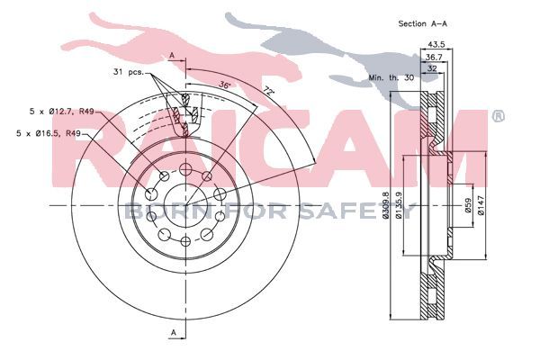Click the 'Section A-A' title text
point(423,23)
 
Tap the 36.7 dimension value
point(434,58)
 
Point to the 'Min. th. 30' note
point(391,77)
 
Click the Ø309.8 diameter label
point(386,205)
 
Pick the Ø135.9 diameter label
point(399,205)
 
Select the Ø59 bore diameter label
point(468,205)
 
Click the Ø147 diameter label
point(481,205)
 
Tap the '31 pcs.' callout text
point(128,72)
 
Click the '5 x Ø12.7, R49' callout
point(62,112)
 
